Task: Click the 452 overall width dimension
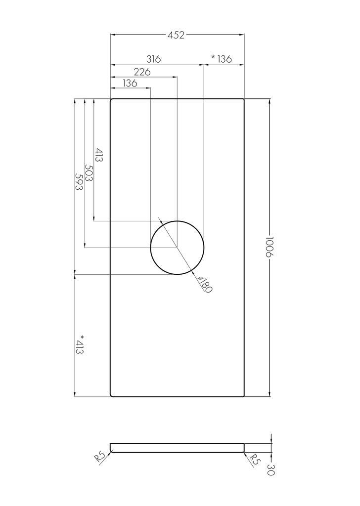coord(176,35)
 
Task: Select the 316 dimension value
coord(153,59)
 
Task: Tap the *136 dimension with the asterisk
coord(222,59)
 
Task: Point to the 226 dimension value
coord(142,72)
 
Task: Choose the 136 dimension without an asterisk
coord(130,84)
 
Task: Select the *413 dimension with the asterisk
coord(80,344)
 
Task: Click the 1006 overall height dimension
coord(269,247)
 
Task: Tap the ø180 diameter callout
coord(204,285)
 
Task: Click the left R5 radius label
coord(99,455)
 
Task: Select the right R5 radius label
coord(254,460)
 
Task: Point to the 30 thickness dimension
coord(271,469)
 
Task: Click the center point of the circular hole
coord(177,247)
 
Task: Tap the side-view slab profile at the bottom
coord(177,448)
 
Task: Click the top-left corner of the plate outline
coord(111,99)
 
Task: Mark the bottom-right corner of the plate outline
coord(244,396)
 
